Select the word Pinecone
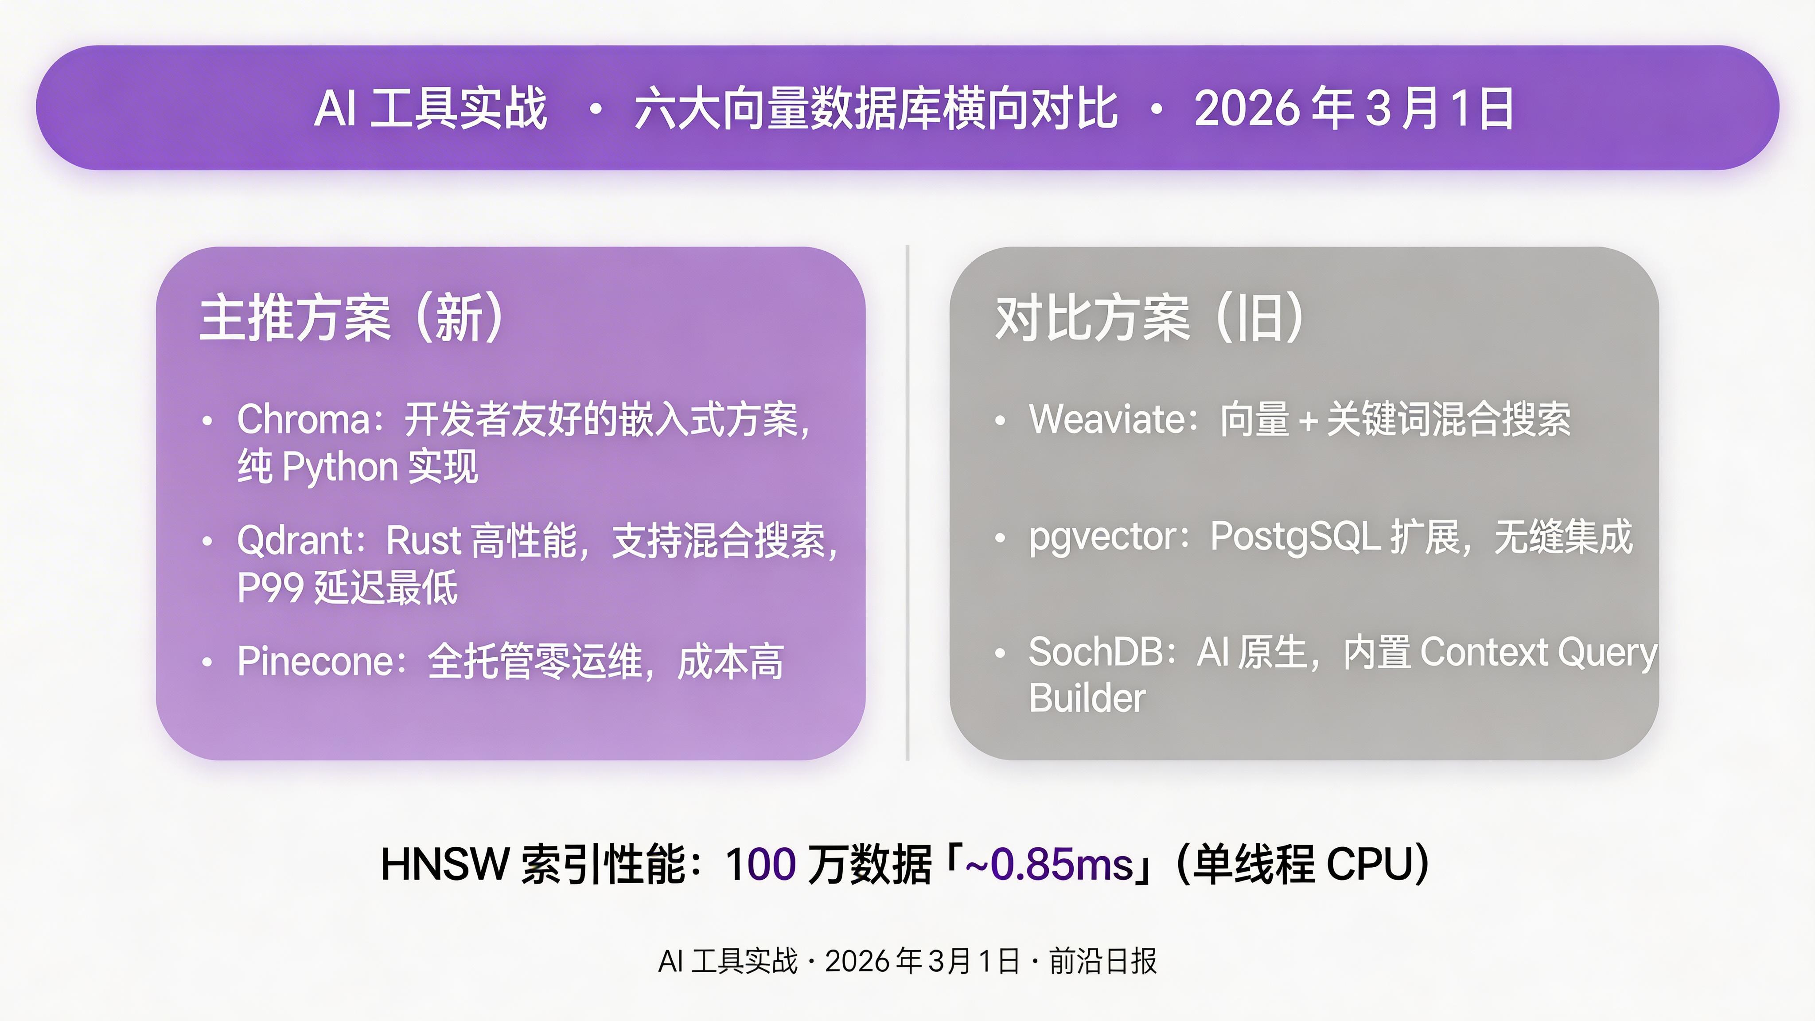[x=314, y=662]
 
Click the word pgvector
[x=1104, y=538]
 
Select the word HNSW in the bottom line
[x=444, y=865]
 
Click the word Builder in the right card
[x=1087, y=698]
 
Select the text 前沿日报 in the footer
[x=1102, y=961]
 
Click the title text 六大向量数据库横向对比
[x=875, y=109]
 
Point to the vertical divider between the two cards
[x=907, y=503]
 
